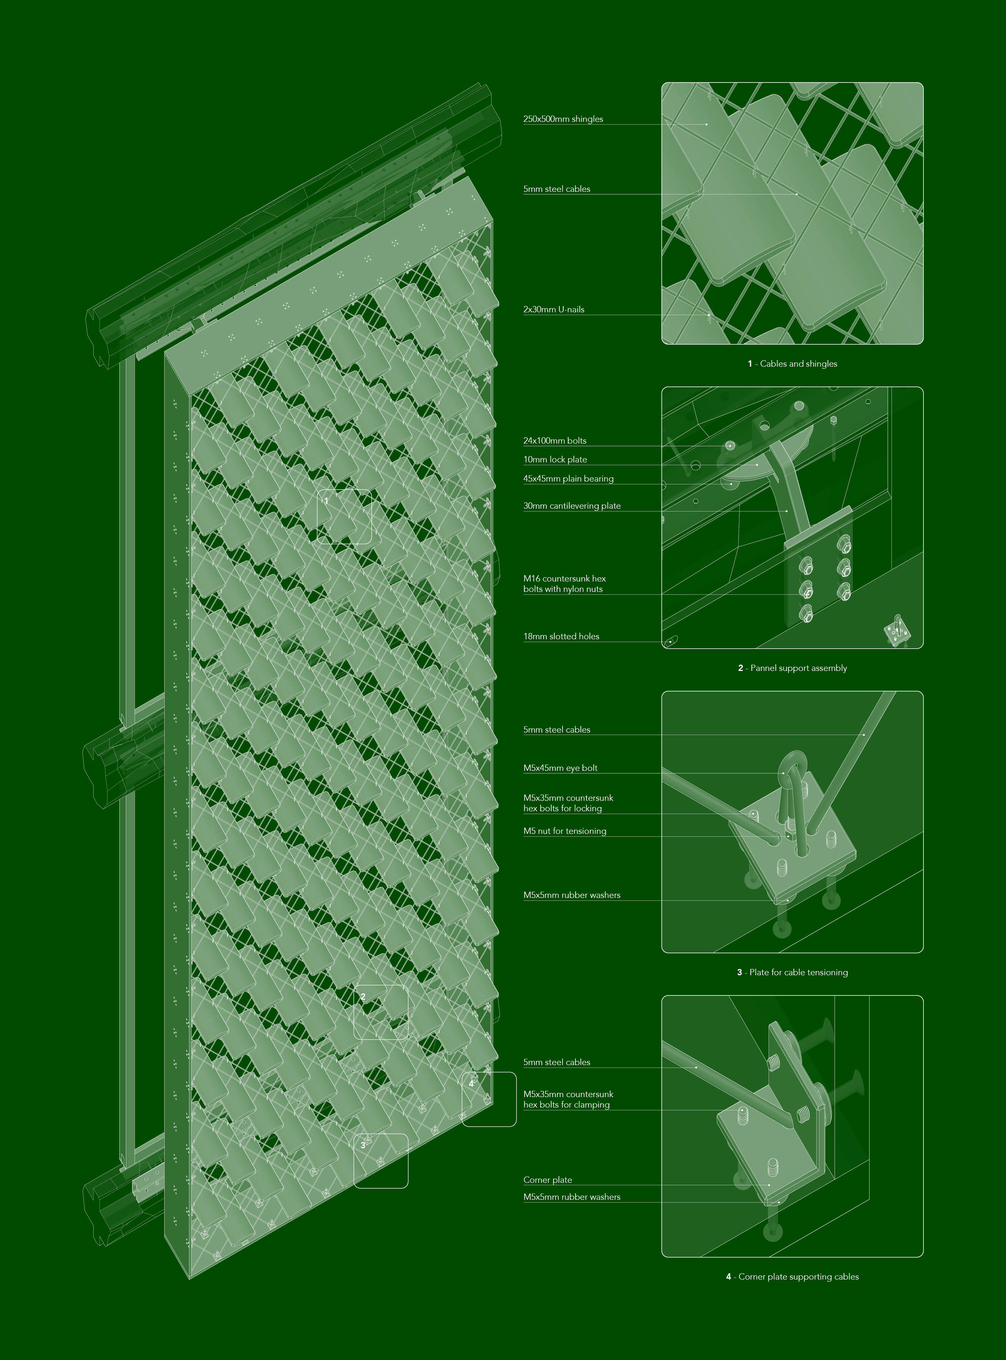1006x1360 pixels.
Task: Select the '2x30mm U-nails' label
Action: pyautogui.click(x=553, y=310)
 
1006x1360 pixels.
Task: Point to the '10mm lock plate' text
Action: pyautogui.click(x=555, y=459)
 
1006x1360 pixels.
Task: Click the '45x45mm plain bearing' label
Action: pyautogui.click(x=568, y=479)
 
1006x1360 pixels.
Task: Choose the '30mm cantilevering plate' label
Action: pyautogui.click(x=572, y=506)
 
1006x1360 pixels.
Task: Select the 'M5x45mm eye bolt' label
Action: pyautogui.click(x=560, y=768)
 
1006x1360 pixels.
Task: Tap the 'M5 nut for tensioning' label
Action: pyautogui.click(x=565, y=831)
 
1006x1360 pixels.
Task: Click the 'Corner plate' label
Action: pyautogui.click(x=548, y=1180)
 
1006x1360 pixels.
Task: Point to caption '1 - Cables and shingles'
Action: pyautogui.click(x=792, y=364)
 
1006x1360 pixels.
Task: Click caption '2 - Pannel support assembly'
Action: pyautogui.click(x=792, y=668)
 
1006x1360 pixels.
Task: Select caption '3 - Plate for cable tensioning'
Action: pyautogui.click(x=792, y=972)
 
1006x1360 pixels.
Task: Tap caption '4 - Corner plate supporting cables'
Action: pyautogui.click(x=792, y=1276)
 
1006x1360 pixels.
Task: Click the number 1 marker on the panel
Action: pyautogui.click(x=327, y=501)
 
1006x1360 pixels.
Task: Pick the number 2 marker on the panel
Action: pyautogui.click(x=363, y=997)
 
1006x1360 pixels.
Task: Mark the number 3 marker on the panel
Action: pyautogui.click(x=363, y=1146)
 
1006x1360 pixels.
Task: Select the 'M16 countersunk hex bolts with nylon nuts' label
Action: pyautogui.click(x=565, y=584)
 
